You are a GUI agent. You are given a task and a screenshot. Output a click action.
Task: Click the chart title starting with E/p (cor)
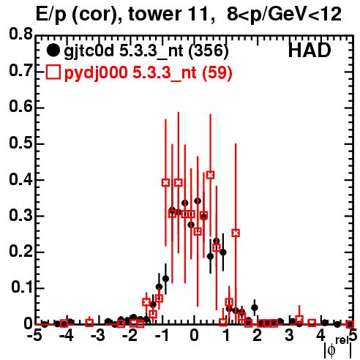click(188, 15)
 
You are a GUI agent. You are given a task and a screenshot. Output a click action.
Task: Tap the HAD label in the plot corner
click(310, 50)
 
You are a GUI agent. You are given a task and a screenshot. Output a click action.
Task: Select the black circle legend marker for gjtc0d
click(53, 50)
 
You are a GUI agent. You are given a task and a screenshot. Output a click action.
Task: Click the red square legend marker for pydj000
click(53, 72)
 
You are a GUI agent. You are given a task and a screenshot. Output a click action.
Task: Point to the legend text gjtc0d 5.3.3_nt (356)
click(146, 51)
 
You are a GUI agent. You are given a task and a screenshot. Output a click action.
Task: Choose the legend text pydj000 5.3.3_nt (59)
click(149, 73)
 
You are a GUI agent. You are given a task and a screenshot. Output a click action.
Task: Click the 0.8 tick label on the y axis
click(20, 34)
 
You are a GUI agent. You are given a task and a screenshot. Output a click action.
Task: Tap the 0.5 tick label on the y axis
click(20, 143)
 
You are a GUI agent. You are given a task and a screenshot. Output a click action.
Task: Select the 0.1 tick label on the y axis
click(21, 288)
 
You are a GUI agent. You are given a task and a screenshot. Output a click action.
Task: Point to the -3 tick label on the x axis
click(97, 336)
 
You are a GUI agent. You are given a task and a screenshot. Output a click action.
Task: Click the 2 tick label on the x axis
click(258, 336)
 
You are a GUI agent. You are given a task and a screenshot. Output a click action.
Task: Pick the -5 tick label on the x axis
click(34, 336)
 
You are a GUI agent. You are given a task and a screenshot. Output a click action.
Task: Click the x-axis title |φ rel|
click(338, 348)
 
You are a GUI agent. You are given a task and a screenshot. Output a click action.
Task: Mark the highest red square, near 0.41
click(211, 175)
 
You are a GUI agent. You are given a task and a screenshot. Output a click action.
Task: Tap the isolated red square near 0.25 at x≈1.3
click(236, 233)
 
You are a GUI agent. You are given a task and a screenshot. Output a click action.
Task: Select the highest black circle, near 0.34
click(198, 201)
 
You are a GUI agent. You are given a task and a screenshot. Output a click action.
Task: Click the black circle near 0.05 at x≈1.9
click(255, 307)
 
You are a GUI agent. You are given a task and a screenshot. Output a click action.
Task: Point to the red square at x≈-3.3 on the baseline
click(89, 323)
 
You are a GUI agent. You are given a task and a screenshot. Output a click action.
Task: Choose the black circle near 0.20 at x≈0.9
click(223, 252)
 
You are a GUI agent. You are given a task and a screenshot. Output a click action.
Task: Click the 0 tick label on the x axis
click(194, 336)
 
